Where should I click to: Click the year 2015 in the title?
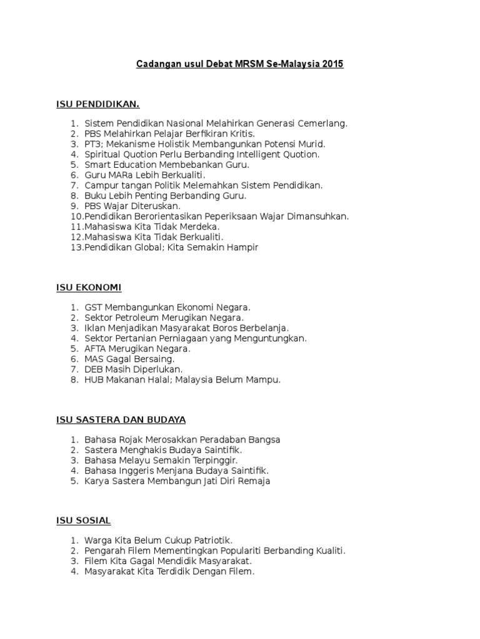coord(332,64)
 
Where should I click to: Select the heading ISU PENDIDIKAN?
coord(98,104)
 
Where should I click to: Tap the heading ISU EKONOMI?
coord(89,287)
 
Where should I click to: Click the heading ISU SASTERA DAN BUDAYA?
coord(121,419)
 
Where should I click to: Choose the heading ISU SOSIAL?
coord(83,520)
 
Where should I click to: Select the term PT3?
coord(93,144)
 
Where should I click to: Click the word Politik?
coord(166,185)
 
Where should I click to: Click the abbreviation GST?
coord(93,307)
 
